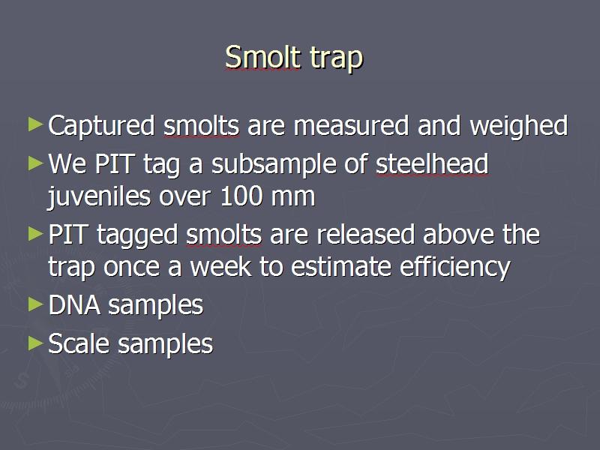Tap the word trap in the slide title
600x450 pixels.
coord(336,59)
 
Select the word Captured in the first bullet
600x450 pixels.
coord(101,126)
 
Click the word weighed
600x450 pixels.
coord(518,126)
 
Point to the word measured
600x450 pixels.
coord(351,126)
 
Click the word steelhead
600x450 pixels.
coord(432,163)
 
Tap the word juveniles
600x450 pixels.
coord(99,196)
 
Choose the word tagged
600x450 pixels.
coord(137,235)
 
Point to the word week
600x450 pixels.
coord(220,266)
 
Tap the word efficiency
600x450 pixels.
coord(455,268)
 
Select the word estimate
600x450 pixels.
coord(341,268)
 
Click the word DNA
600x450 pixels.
coord(74,305)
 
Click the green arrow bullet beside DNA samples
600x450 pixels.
coord(35,304)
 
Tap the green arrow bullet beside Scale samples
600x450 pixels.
coord(35,343)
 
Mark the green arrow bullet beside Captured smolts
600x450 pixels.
coord(35,124)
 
